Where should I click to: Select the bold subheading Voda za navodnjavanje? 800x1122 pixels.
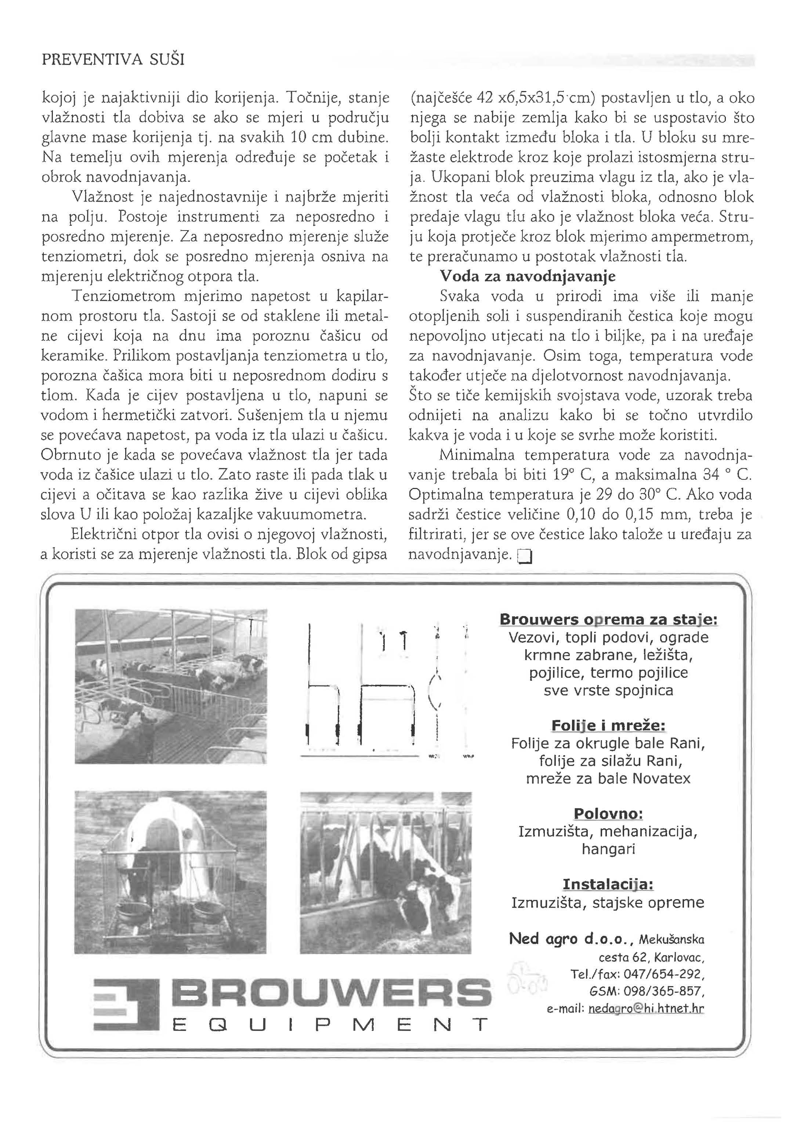(527, 276)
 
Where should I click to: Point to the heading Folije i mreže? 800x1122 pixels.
(608, 725)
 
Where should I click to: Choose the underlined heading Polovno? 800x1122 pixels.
(608, 814)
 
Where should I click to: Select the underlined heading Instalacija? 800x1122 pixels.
(608, 884)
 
